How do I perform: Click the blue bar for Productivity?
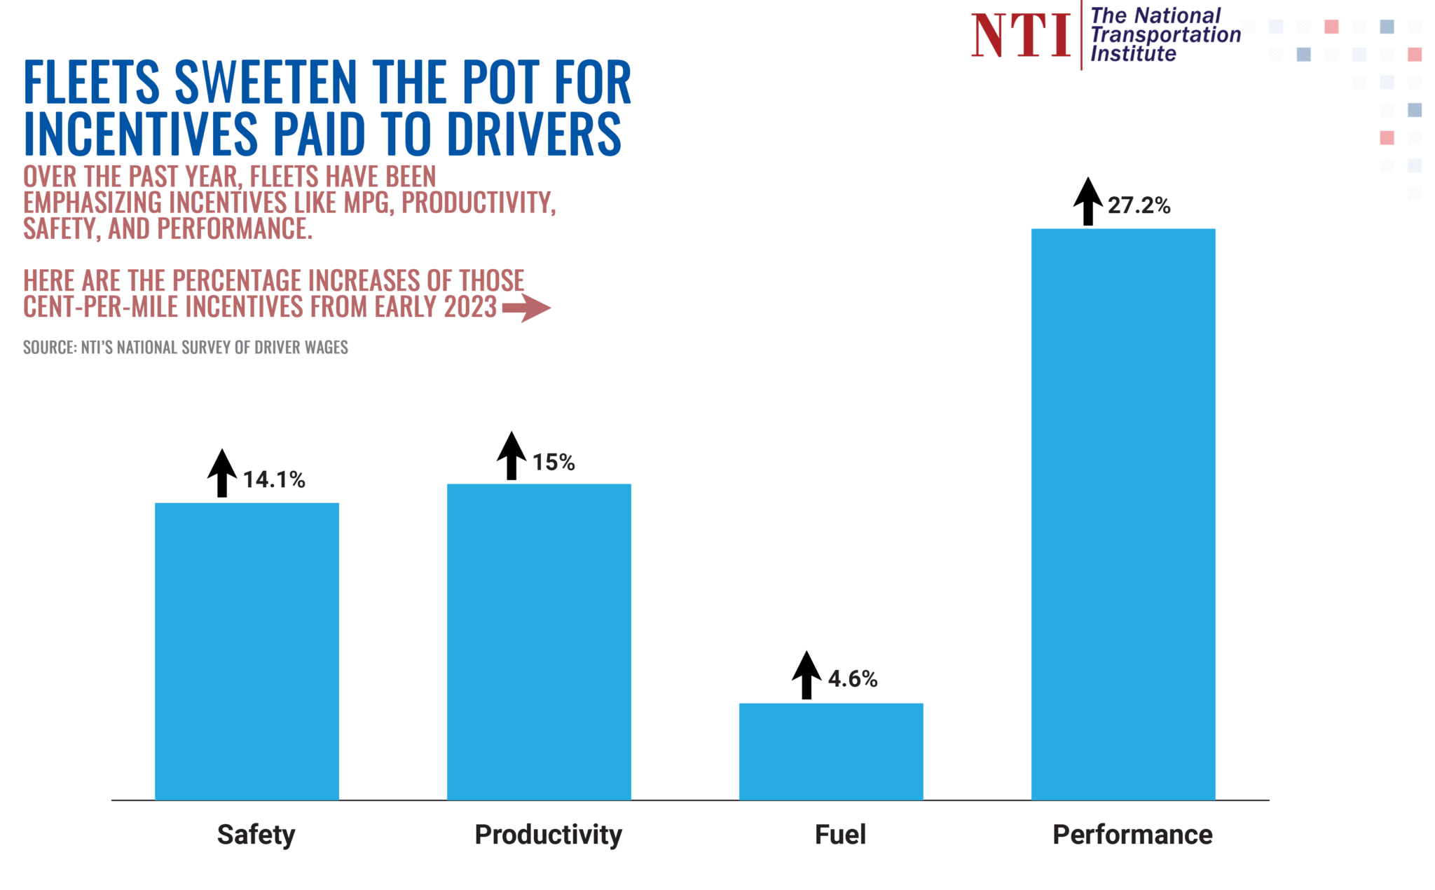pos(539,641)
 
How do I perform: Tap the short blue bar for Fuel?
pos(831,751)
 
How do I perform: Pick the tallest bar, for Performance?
pos(1123,514)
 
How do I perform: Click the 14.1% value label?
pos(274,480)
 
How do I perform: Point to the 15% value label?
pos(554,463)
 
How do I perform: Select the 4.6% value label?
pos(853,679)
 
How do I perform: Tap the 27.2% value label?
pos(1139,206)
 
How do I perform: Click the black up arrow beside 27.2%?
pos(1088,201)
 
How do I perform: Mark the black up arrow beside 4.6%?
pos(806,674)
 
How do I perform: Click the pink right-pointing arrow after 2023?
pos(526,308)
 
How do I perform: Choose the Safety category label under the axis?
pos(256,835)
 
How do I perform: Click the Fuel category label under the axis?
pos(840,835)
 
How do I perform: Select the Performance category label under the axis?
pos(1132,835)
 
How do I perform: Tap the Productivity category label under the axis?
pos(548,835)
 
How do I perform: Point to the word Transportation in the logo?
pos(1165,34)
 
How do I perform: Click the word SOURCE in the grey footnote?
pos(48,348)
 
